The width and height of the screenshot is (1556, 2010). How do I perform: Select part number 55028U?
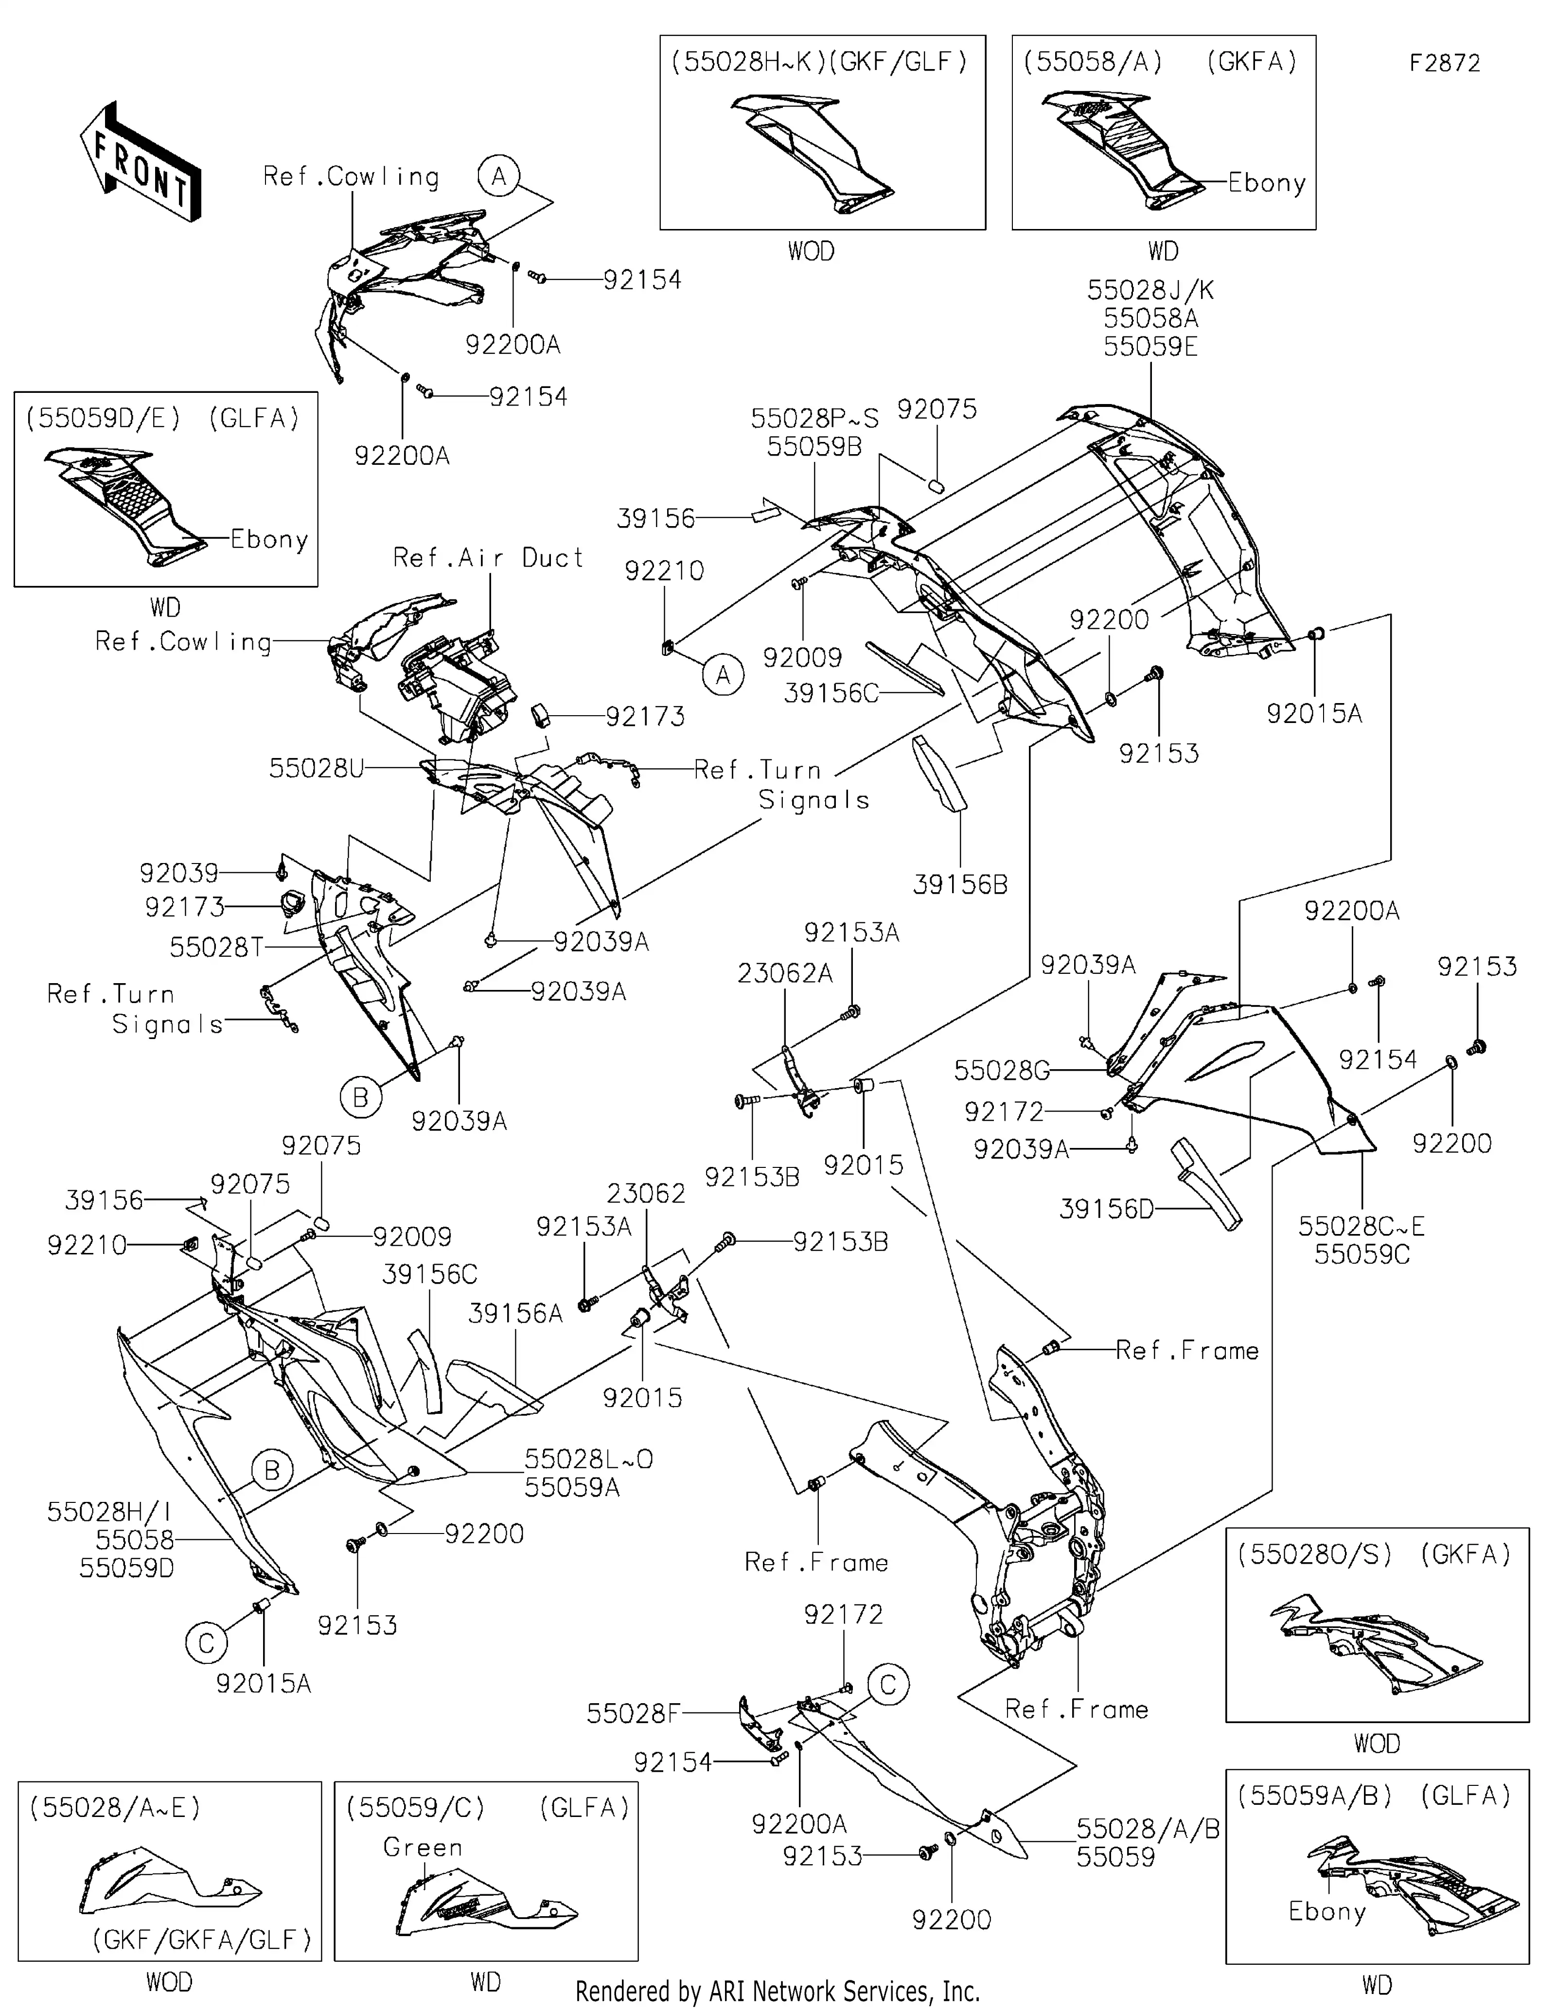pos(316,769)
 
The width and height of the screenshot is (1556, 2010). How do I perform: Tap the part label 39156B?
pos(960,884)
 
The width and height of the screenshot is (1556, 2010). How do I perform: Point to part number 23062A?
pos(785,973)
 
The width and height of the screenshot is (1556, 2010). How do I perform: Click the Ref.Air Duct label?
pos(488,558)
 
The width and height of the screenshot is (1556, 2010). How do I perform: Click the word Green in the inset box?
pos(423,1847)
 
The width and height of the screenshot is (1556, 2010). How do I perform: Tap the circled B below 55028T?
pos(361,1097)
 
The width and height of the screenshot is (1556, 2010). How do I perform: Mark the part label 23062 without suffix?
pos(646,1194)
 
